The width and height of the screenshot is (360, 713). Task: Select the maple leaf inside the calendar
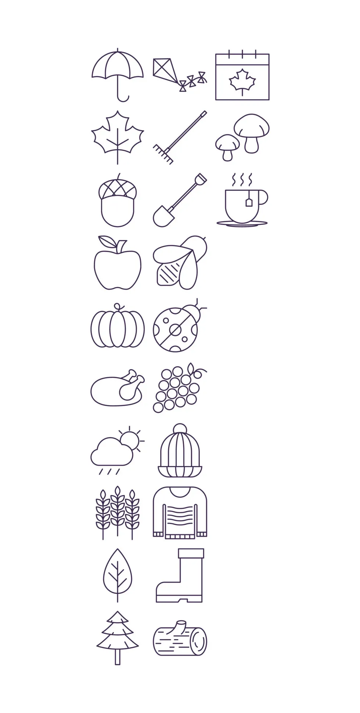coord(242,80)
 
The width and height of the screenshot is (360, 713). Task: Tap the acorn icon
coord(118,203)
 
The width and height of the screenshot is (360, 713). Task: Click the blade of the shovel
coord(163,217)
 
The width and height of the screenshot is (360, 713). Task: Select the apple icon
coord(118,265)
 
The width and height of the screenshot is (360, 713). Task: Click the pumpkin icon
coord(118,327)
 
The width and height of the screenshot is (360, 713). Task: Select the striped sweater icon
coord(180,513)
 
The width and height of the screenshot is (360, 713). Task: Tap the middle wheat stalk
coord(117,507)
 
